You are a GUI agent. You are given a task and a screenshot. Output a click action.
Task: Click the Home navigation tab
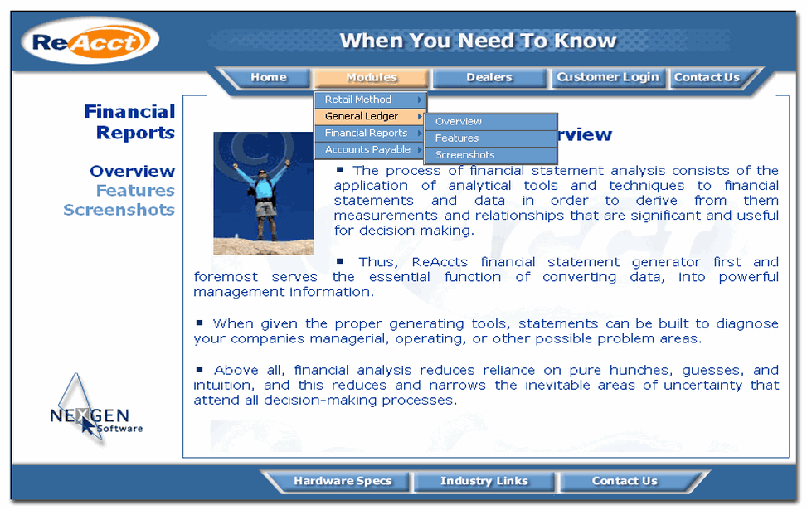tap(269, 77)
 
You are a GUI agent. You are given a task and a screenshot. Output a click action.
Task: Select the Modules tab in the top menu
tap(371, 77)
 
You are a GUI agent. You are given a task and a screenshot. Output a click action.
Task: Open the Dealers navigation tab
tap(489, 77)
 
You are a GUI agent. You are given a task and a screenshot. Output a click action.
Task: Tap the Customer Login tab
tap(608, 77)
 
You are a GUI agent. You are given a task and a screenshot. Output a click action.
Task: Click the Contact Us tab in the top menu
tap(707, 77)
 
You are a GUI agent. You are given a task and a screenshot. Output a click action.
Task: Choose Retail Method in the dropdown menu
tap(365, 100)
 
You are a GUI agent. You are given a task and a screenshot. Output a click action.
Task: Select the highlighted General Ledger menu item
tap(365, 116)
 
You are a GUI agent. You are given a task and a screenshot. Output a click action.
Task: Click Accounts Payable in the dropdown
tap(367, 149)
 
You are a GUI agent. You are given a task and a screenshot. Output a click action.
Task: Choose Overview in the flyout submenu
tap(459, 122)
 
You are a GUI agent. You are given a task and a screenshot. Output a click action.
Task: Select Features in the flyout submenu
tap(457, 138)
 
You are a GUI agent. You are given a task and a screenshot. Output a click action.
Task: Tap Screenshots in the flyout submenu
tap(465, 155)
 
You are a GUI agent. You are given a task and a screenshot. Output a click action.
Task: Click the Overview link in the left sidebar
tap(132, 172)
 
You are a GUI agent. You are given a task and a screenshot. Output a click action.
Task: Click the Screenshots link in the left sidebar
tap(119, 210)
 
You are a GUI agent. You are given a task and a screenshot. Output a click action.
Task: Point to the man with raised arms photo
tap(263, 193)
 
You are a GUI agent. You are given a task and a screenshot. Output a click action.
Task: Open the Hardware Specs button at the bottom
tap(342, 481)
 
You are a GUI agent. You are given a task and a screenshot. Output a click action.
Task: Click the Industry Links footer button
tap(484, 481)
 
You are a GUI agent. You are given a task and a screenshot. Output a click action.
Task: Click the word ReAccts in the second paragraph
tap(441, 262)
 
